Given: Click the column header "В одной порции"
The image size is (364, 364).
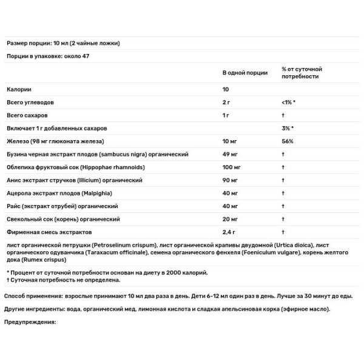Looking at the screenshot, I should click(x=245, y=72).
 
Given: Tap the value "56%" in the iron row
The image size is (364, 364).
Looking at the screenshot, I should click(x=288, y=141).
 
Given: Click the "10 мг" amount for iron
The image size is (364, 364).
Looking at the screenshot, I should click(x=231, y=141).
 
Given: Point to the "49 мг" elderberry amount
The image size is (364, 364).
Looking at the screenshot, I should click(x=231, y=154).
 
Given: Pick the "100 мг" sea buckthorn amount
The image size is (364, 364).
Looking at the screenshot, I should click(x=232, y=167).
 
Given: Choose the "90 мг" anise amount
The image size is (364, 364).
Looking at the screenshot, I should click(x=231, y=180).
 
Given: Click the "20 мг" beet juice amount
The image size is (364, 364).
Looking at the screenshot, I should click(x=231, y=219).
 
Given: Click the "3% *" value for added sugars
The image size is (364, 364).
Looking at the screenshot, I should click(x=288, y=128).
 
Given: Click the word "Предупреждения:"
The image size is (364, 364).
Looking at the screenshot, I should click(x=30, y=322).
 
